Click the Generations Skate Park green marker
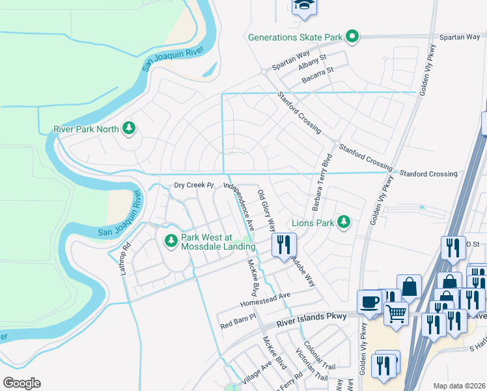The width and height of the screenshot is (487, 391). click(x=352, y=36)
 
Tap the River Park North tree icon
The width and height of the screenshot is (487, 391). click(x=129, y=128)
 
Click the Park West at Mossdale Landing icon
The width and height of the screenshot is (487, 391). click(x=171, y=242)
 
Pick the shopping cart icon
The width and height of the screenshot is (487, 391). click(x=396, y=313)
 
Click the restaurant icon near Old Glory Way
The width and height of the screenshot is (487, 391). click(x=284, y=245)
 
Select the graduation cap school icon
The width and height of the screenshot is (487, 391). click(x=302, y=5)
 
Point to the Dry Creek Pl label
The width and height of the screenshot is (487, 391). click(x=194, y=185)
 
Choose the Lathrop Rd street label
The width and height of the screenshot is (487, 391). click(x=126, y=259)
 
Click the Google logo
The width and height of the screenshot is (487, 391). click(x=21, y=383)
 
